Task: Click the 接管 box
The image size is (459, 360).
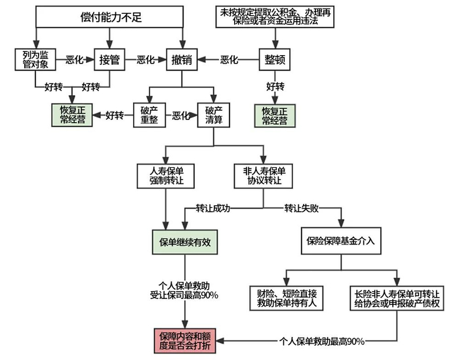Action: click(x=109, y=59)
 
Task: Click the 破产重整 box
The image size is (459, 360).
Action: click(x=150, y=115)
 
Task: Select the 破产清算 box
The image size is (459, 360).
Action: click(x=214, y=115)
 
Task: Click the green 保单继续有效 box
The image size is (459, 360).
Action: click(x=184, y=241)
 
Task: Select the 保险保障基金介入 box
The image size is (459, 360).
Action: click(x=340, y=241)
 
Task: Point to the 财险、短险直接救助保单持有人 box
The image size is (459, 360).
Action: click(x=287, y=297)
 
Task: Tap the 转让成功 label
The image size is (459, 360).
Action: click(x=213, y=209)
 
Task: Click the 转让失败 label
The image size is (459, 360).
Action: click(x=301, y=209)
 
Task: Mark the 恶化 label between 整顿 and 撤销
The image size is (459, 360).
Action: click(x=229, y=60)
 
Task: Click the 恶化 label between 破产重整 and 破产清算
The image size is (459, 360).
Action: click(x=181, y=116)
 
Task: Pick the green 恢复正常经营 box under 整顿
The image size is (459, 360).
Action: click(x=274, y=115)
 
